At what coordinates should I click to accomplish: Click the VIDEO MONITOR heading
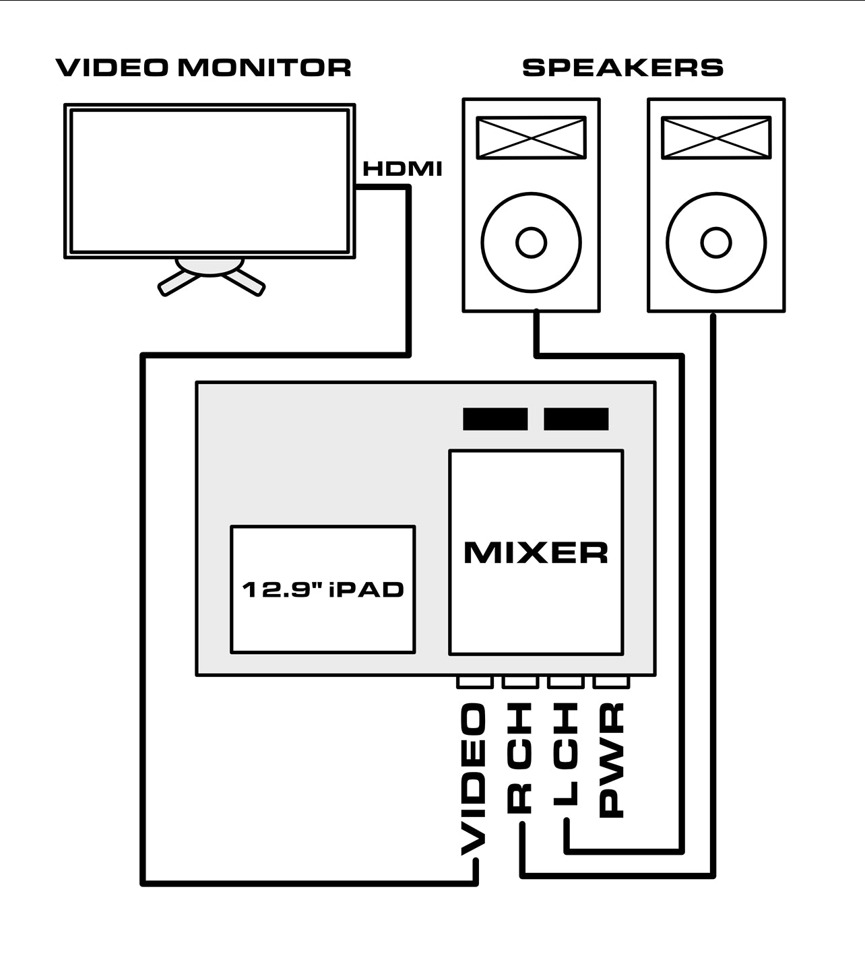point(203,67)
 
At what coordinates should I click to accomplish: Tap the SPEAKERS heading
point(622,67)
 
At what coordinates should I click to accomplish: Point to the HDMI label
point(402,168)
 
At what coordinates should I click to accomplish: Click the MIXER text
point(536,552)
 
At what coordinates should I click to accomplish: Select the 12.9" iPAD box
point(323,589)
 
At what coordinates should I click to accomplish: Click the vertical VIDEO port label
point(474,778)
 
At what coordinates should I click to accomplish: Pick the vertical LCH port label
point(566,754)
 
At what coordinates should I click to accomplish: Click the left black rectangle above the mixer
point(495,419)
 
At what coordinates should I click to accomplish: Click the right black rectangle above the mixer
point(576,419)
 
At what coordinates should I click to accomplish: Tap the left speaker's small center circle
point(531,242)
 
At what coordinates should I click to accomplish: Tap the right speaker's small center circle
point(716,242)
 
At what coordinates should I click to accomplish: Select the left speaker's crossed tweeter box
point(531,138)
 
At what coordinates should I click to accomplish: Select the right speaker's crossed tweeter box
point(716,138)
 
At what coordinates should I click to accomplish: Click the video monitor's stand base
point(210,267)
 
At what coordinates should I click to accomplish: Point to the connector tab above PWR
point(611,682)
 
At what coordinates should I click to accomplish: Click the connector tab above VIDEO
point(474,682)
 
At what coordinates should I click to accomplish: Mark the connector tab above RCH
point(520,682)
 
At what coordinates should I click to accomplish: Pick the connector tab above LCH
point(566,682)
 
